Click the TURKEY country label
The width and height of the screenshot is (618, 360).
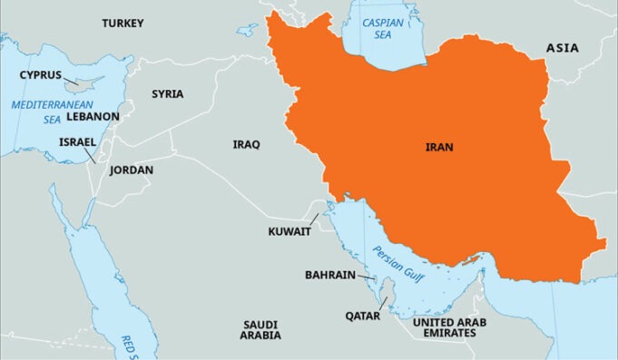click(x=123, y=23)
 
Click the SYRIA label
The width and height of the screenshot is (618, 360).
click(x=167, y=93)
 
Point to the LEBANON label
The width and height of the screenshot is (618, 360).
click(x=93, y=117)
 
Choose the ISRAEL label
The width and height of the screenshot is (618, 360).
click(x=77, y=141)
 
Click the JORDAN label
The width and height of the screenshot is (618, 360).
click(x=132, y=170)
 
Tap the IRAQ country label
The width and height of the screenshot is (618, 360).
click(x=246, y=144)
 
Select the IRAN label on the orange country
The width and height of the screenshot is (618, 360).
click(x=439, y=146)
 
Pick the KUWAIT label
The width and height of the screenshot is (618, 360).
click(x=289, y=231)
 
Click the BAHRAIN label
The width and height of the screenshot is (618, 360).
click(x=329, y=274)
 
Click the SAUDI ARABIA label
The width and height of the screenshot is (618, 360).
click(x=260, y=329)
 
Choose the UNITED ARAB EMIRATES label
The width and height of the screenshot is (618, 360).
click(x=456, y=327)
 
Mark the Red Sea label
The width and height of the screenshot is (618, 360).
click(x=130, y=345)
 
